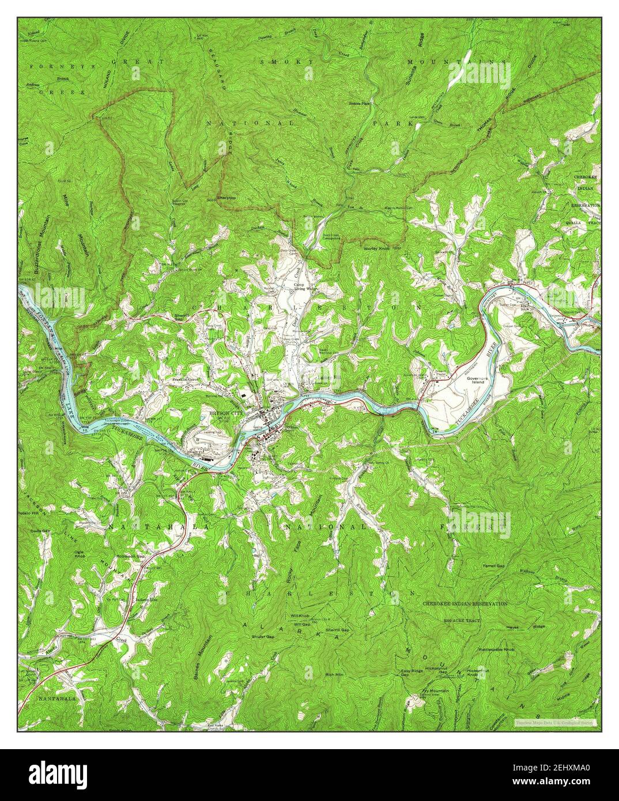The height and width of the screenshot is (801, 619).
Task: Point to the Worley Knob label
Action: point(377,248)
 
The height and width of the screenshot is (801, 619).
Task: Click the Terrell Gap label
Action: point(494,566)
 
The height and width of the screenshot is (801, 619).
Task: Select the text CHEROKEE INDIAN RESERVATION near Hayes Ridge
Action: point(465,603)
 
